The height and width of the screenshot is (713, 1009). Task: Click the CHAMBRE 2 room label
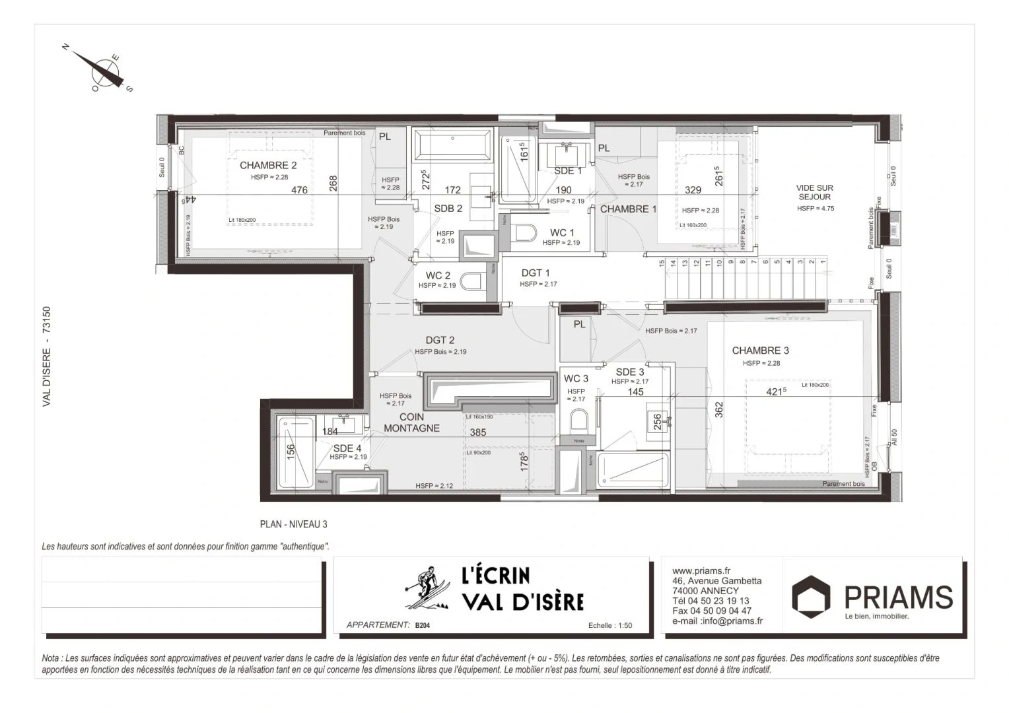[x=268, y=166]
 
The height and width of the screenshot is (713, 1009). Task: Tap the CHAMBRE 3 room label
[x=760, y=351]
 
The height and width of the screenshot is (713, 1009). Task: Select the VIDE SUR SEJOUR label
[x=814, y=192]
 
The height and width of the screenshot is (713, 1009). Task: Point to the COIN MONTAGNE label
[x=411, y=423]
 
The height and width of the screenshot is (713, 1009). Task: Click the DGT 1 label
[x=535, y=273]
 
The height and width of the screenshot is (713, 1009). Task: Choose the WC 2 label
[x=438, y=275]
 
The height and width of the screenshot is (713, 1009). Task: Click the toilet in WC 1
[x=526, y=234]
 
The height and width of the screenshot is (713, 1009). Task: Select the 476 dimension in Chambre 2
[x=299, y=190]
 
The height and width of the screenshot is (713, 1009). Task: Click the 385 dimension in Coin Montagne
[x=477, y=432]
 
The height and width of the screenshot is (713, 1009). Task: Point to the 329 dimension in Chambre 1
[x=693, y=190]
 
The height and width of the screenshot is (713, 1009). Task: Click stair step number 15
[x=662, y=263]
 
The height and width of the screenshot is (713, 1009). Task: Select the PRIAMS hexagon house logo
[x=811, y=596]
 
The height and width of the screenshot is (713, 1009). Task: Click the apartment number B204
[x=422, y=625]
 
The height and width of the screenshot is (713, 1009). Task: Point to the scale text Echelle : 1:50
[x=609, y=625]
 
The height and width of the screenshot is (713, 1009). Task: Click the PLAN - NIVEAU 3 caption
[x=293, y=524]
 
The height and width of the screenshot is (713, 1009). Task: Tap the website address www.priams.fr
[x=701, y=571]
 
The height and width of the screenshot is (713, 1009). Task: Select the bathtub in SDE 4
[x=295, y=452]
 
